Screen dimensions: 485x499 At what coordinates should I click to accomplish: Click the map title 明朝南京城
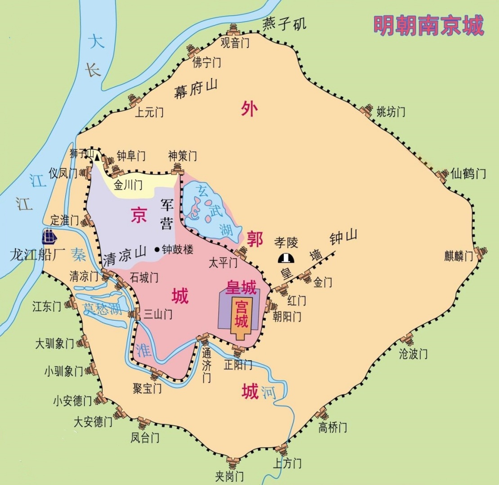428,26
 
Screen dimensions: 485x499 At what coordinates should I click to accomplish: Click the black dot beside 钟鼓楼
157,250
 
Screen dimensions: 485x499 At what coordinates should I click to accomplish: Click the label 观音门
235,43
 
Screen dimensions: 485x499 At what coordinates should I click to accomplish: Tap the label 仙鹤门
468,173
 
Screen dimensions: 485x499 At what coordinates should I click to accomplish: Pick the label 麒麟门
459,256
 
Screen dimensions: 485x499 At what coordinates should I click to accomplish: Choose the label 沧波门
413,354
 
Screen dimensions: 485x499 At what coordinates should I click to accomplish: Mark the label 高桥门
333,427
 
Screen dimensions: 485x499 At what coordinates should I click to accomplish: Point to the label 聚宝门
147,388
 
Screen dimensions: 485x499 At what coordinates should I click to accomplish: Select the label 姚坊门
391,111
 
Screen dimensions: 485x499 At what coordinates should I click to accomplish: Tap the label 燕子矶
284,23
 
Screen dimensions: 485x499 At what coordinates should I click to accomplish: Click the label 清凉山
125,259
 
